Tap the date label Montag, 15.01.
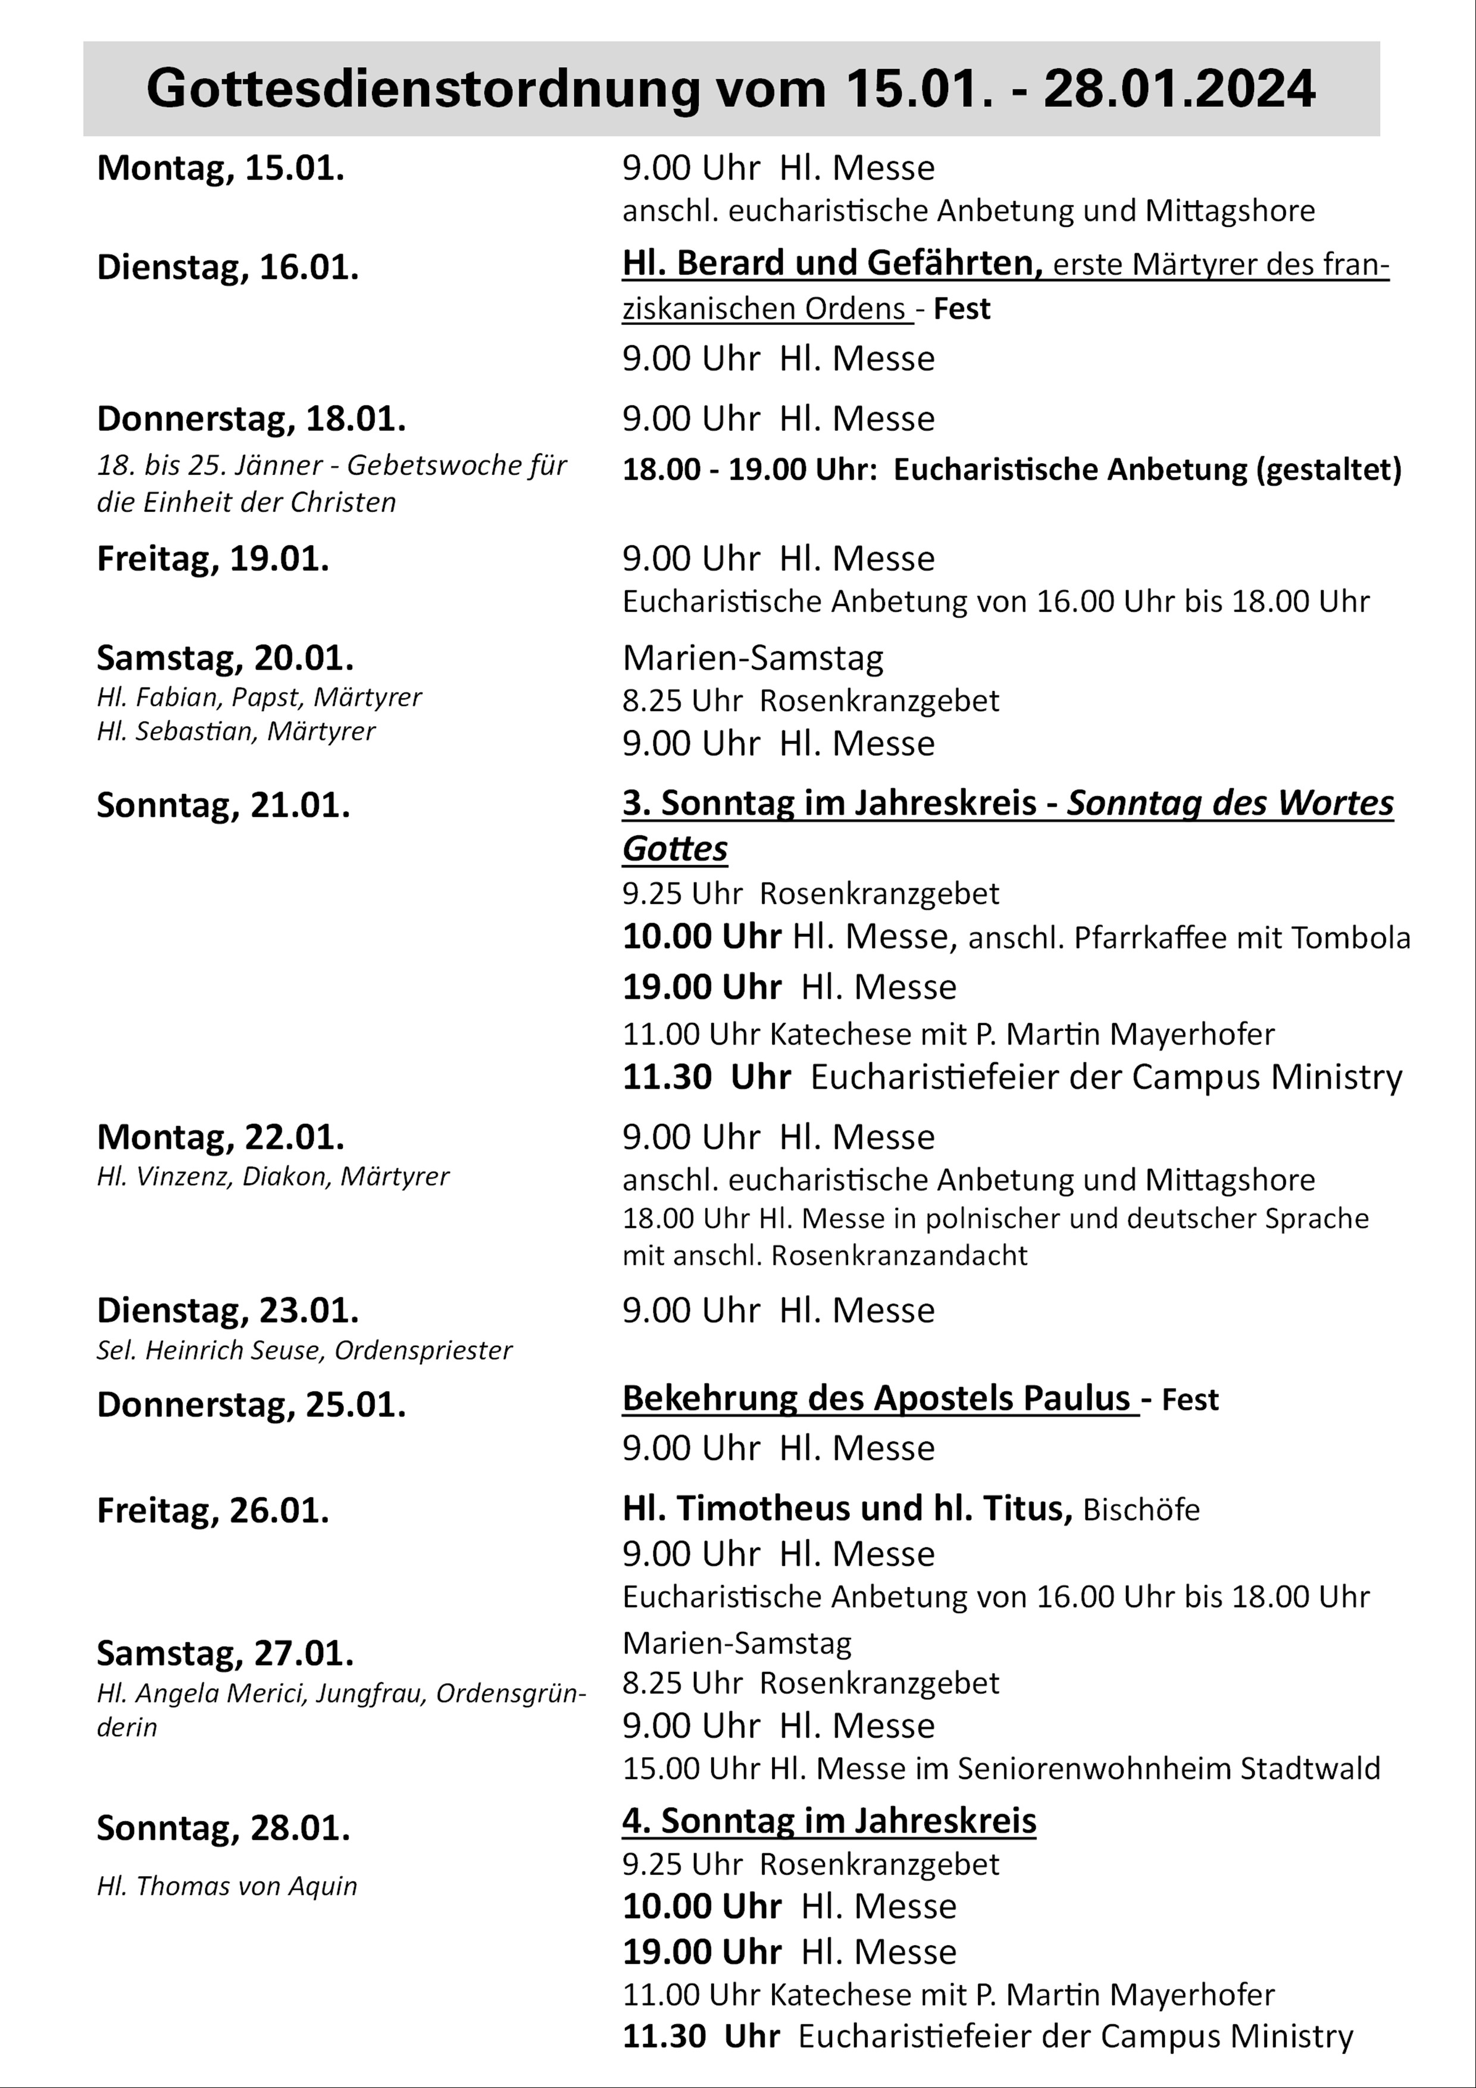[220, 168]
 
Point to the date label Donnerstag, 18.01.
[251, 419]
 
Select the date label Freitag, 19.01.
[213, 558]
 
